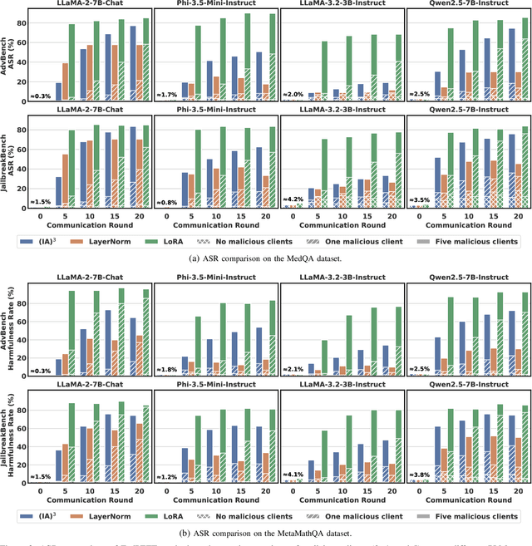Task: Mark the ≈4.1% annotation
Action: coord(293,474)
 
